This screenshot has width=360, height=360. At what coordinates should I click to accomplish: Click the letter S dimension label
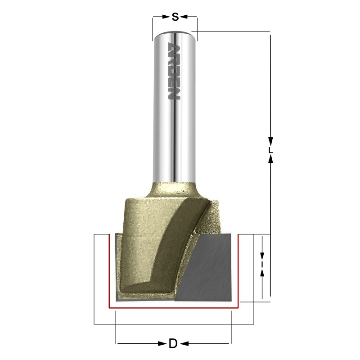(175, 17)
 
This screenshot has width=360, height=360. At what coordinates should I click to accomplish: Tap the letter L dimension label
(270, 150)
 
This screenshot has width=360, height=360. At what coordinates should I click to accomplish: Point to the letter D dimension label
(172, 344)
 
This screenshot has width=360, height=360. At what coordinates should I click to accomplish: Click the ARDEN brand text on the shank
(174, 72)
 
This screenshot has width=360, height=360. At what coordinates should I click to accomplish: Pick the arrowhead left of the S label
(166, 17)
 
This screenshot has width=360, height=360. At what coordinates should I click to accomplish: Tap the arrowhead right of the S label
(185, 17)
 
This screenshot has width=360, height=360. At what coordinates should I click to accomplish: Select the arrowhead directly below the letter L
(270, 161)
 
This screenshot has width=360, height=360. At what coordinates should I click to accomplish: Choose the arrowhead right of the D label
(184, 344)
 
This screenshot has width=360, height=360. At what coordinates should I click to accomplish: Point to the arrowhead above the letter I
(262, 255)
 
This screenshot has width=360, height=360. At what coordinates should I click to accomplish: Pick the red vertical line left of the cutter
(109, 270)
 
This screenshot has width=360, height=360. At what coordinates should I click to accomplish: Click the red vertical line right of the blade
(238, 270)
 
